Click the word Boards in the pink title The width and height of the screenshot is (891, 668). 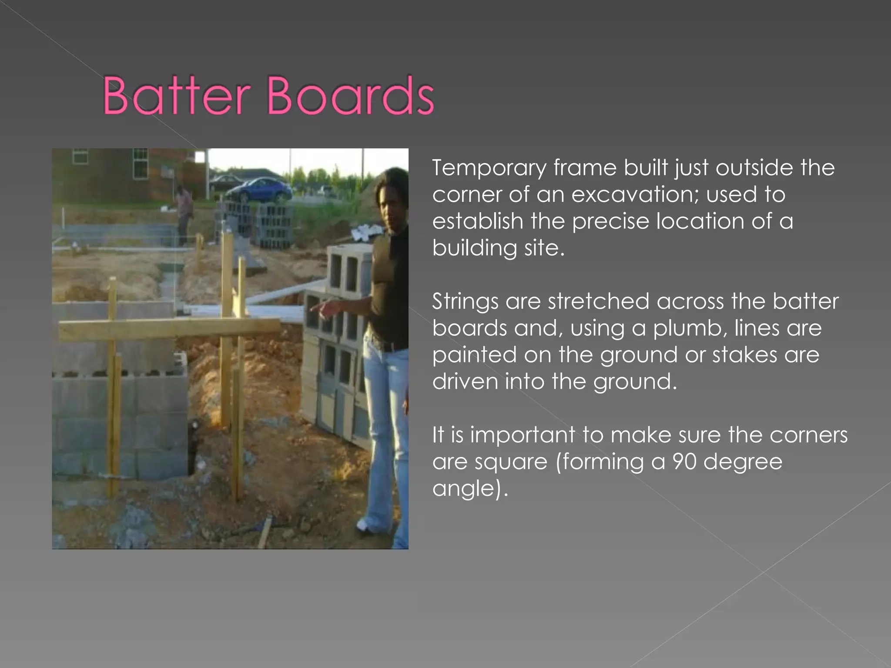350,95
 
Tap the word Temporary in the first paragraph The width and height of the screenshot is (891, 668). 489,168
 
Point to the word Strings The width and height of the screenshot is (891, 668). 465,302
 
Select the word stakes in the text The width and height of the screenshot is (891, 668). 744,355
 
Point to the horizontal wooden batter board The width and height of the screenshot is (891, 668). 170,328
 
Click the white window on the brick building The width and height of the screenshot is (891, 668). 139,163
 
